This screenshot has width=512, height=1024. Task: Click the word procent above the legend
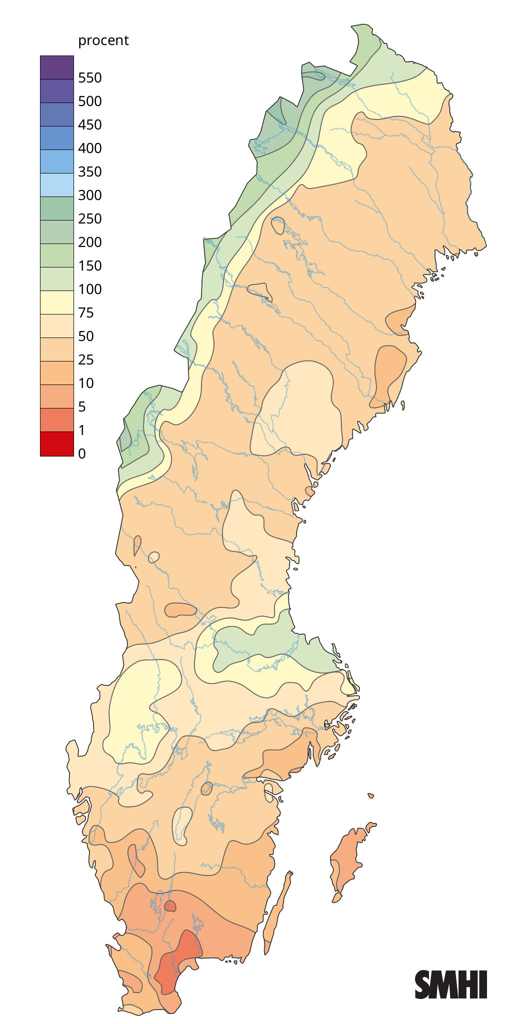103,40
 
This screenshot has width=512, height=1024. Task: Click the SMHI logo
450,984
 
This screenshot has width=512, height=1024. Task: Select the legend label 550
90,78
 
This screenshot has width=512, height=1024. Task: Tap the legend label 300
90,195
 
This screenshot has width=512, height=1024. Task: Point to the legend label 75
86,313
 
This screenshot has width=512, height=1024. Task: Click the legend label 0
82,454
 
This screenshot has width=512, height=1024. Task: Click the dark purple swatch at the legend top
57,67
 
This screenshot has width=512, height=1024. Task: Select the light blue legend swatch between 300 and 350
57,185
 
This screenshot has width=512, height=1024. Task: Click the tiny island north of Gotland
370,795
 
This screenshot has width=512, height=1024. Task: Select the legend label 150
90,266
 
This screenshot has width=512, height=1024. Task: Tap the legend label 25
86,360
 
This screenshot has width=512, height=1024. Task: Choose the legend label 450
90,125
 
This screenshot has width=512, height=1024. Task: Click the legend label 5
82,407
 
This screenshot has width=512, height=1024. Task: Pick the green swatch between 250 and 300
57,208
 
